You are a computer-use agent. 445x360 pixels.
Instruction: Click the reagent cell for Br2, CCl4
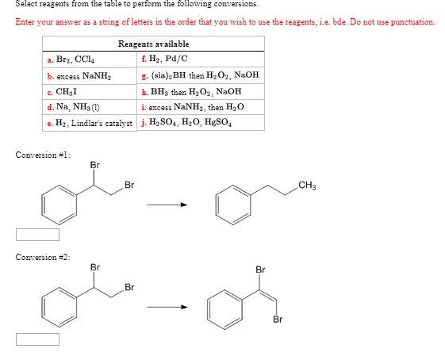(90, 59)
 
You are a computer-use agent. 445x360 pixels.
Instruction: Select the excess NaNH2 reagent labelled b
(90, 76)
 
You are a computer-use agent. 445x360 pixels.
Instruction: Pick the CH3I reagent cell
(90, 92)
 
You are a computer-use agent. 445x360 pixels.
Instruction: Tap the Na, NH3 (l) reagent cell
(90, 107)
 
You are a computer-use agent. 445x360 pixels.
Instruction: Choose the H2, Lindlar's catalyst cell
(90, 123)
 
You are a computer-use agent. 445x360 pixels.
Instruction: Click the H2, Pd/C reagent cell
(201, 59)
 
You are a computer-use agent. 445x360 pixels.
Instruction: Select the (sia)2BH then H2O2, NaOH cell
(201, 75)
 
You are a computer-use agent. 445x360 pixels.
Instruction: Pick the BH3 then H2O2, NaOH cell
(201, 91)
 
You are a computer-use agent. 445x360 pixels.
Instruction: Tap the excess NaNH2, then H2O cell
(201, 107)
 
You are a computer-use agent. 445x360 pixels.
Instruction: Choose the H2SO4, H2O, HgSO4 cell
(201, 123)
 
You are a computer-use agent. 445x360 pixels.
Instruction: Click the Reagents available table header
(154, 44)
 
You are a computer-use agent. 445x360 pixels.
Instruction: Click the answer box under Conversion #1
(37, 235)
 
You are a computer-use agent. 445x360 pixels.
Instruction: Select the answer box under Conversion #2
(37, 339)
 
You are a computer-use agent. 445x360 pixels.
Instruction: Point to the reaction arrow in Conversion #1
(167, 205)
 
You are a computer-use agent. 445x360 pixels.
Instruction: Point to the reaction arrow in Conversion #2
(167, 307)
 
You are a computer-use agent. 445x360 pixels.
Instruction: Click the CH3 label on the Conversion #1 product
(307, 186)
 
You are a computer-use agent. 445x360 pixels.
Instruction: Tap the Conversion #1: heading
(43, 155)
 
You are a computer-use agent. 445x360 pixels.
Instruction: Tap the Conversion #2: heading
(43, 257)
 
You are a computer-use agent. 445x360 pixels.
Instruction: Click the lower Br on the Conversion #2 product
(278, 320)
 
